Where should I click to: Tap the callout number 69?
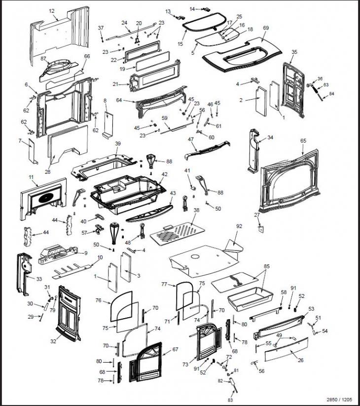[265, 28]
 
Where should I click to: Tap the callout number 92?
[239, 226]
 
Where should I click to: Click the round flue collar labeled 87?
[59, 70]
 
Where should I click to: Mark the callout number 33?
[39, 279]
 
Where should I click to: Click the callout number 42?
[164, 174]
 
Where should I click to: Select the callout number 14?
[192, 8]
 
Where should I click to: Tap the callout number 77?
[164, 284]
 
